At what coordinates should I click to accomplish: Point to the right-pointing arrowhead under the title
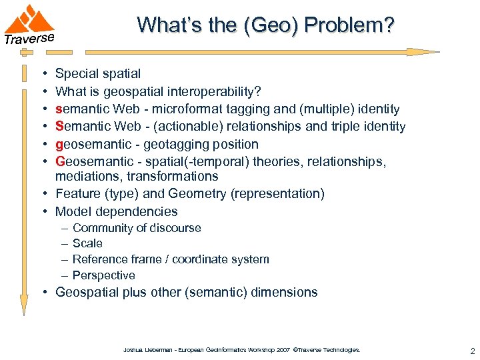click(x=422, y=52)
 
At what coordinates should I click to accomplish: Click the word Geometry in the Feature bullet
click(x=202, y=194)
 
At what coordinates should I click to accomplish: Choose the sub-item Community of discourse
click(x=136, y=228)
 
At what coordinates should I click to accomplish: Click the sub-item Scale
click(x=87, y=243)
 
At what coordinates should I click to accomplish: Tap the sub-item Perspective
click(x=103, y=275)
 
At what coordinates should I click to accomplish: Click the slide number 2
click(x=471, y=350)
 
